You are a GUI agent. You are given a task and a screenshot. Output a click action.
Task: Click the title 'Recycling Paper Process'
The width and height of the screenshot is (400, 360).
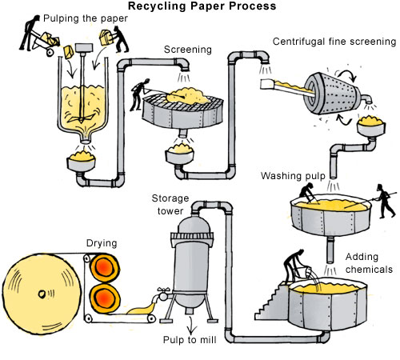tap(202, 6)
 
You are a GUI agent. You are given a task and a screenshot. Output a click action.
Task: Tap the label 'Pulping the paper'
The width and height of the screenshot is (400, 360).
tap(86, 18)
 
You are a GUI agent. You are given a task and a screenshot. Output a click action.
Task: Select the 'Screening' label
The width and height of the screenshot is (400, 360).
tap(188, 50)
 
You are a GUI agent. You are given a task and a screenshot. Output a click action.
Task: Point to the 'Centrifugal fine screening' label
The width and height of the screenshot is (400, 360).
tap(334, 42)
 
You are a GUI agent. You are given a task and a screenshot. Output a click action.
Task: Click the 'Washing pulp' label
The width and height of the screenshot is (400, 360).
tap(293, 176)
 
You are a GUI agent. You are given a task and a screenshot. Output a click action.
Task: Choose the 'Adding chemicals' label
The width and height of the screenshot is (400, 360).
tap(369, 263)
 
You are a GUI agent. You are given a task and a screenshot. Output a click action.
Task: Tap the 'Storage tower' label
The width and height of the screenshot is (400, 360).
tap(170, 205)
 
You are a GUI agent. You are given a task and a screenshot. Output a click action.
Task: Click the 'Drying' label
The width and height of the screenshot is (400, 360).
tap(102, 243)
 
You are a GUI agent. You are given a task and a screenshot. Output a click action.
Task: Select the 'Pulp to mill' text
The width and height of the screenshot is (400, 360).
tap(190, 340)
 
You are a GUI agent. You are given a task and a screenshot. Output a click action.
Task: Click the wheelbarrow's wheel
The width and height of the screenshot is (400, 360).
tap(50, 52)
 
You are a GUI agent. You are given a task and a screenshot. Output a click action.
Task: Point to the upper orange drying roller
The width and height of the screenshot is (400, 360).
tap(104, 267)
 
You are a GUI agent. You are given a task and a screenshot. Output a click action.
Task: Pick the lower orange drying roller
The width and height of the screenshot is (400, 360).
tap(105, 298)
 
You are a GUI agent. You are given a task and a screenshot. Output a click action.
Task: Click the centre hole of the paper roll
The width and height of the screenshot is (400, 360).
tap(42, 294)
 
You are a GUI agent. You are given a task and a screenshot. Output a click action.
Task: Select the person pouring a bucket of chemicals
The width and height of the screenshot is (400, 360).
tap(294, 266)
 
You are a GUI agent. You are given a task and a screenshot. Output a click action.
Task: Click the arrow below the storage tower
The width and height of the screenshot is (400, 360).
tap(190, 326)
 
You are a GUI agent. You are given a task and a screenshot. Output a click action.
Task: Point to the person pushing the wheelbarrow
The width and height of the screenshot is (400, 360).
tap(30, 33)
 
